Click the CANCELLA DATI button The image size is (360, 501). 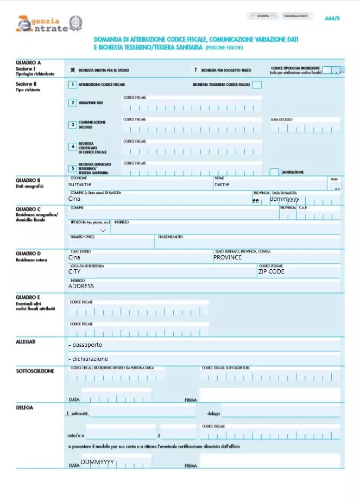point(296,16)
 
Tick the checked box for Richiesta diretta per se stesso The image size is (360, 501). point(73,70)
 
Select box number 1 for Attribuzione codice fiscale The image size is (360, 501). point(72,85)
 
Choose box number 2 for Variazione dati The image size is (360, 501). point(72,103)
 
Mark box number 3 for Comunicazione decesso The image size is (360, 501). point(72,124)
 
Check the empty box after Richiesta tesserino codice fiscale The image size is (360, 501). point(257,85)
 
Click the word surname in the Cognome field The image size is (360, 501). point(80,185)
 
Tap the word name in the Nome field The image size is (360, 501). point(222,185)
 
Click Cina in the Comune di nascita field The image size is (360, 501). point(74,199)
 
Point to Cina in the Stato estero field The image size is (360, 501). point(74,257)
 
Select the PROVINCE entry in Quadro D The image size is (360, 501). point(228,257)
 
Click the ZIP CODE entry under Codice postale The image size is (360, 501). point(271,271)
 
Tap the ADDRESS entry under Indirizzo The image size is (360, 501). point(81,286)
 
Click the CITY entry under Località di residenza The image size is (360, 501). point(74,271)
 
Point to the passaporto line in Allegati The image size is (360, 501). point(86,345)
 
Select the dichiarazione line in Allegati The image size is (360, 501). point(89,359)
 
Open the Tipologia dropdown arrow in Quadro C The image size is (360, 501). point(103,230)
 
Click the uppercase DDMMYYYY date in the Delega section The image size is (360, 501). point(97,462)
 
